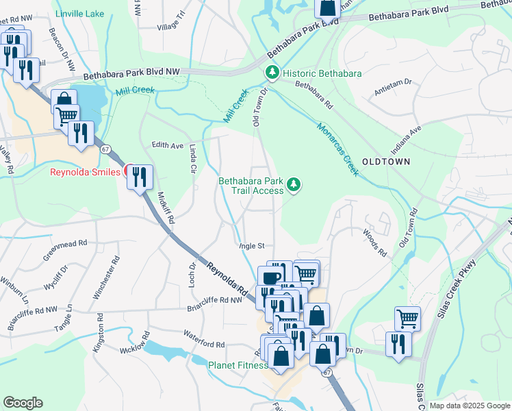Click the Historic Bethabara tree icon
pos(272,72)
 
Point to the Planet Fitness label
pos(238,365)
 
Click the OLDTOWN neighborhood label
pos(385,162)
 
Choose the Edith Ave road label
pos(167,145)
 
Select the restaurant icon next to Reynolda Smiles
pos(140,177)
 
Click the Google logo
pos(23,403)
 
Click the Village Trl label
pos(171,25)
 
